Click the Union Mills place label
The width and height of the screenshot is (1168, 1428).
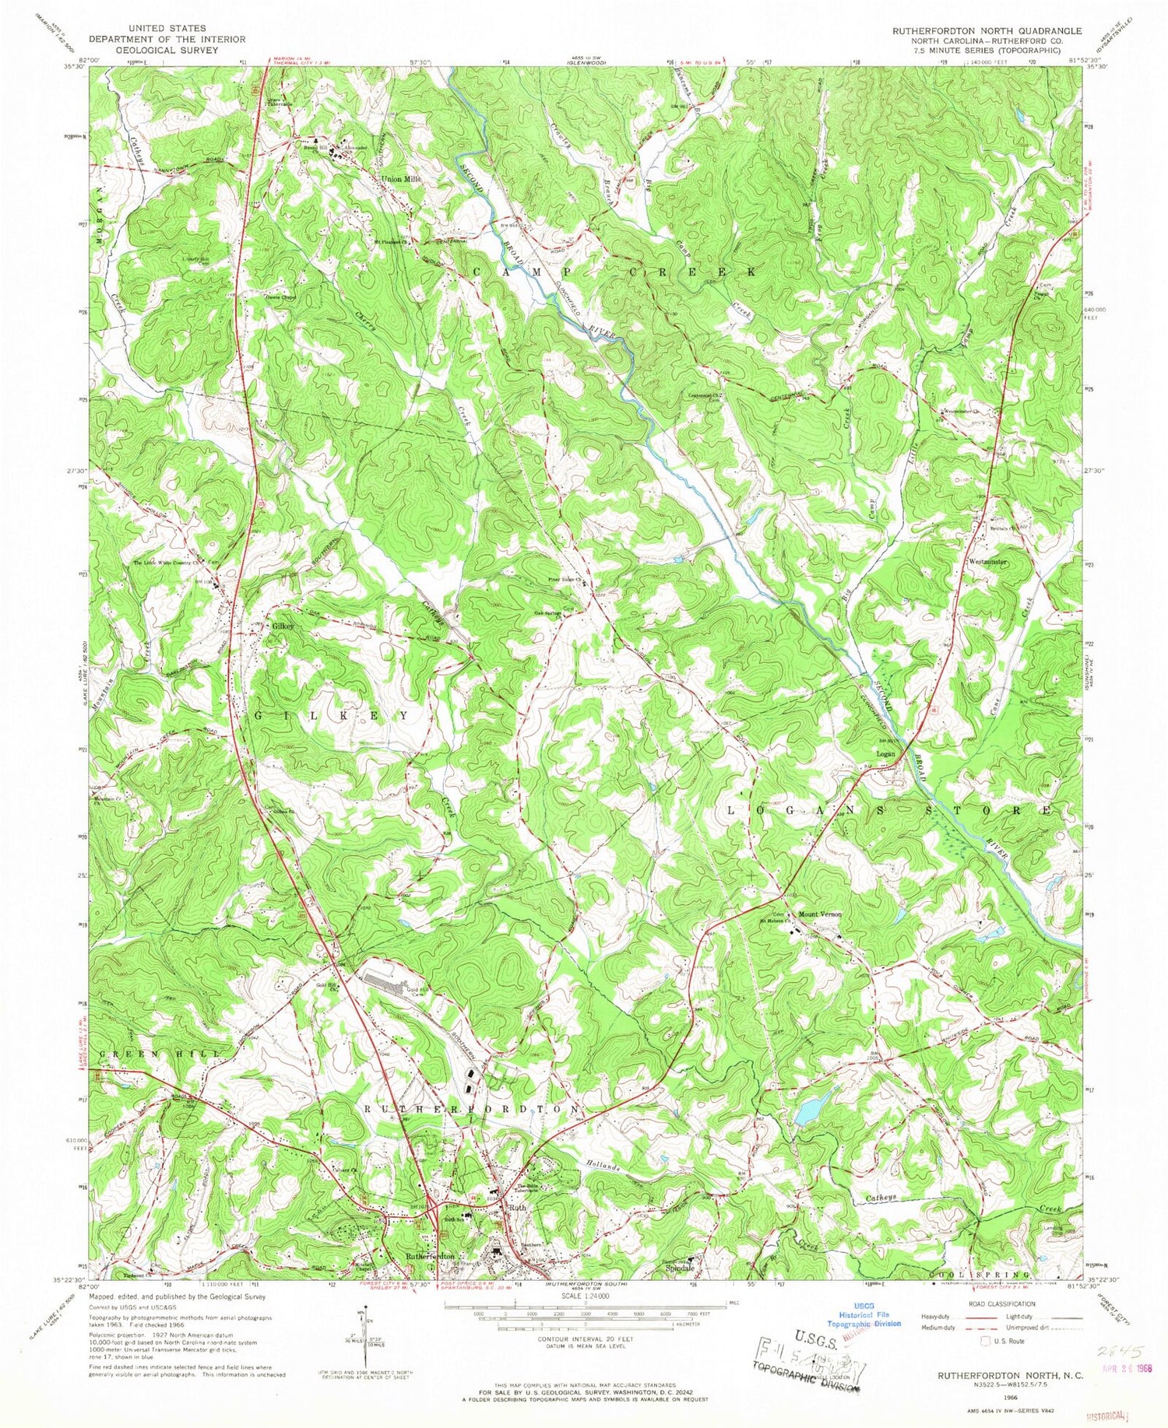point(400,179)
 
